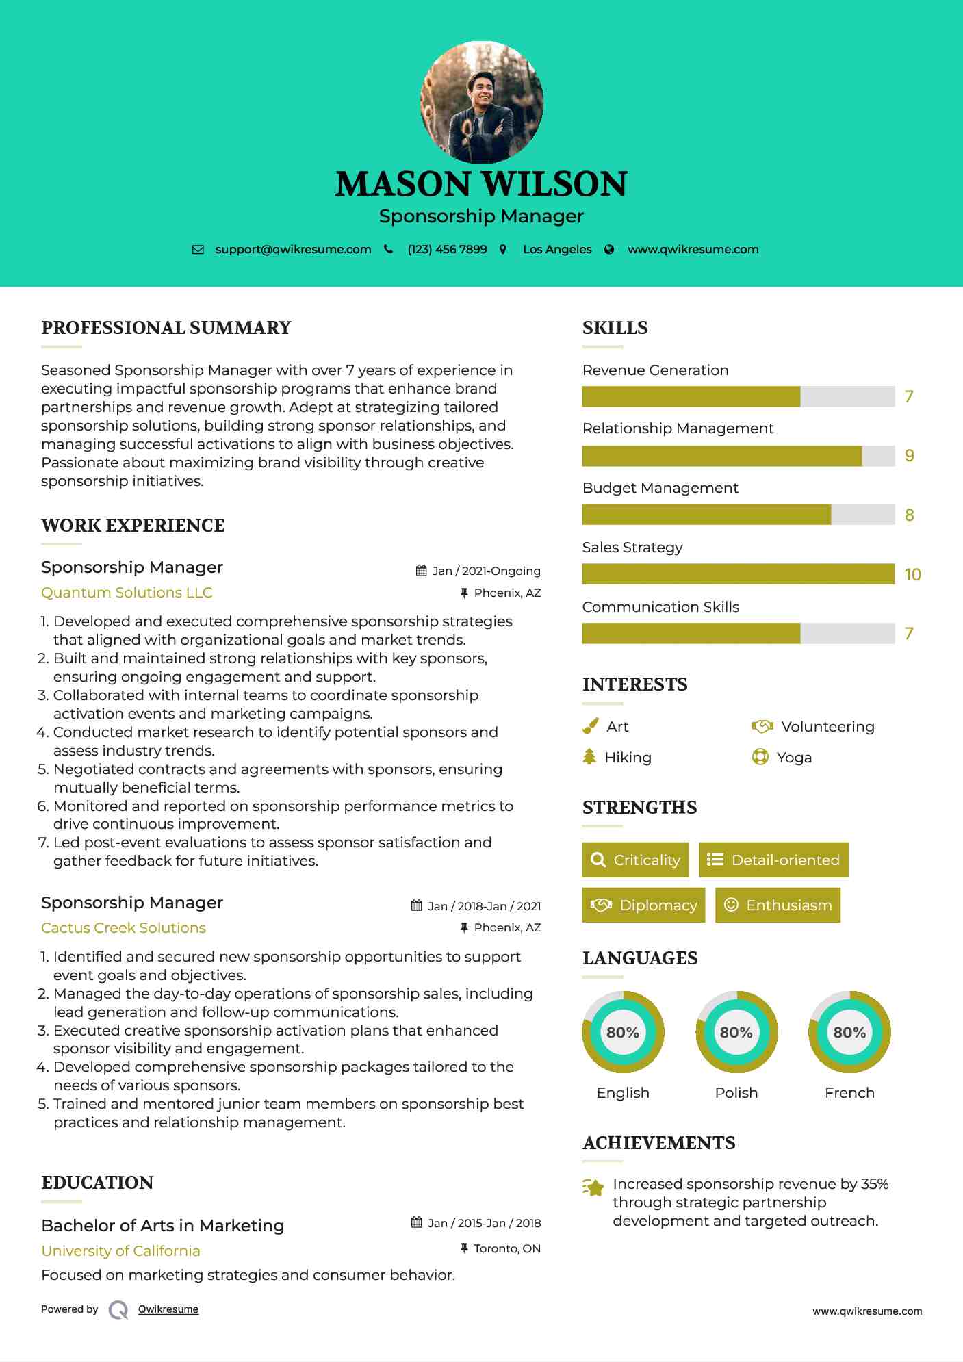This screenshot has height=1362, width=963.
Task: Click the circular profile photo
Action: pyautogui.click(x=481, y=102)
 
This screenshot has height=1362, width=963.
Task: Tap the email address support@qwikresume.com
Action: pyautogui.click(x=293, y=250)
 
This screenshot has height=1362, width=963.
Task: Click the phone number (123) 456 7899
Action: pyautogui.click(x=447, y=250)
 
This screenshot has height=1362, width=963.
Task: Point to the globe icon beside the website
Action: pyautogui.click(x=609, y=250)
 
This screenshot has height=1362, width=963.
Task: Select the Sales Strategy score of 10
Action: pyautogui.click(x=912, y=575)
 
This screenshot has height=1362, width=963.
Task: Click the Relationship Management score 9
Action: pyautogui.click(x=909, y=456)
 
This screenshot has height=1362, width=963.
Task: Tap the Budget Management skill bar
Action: pyautogui.click(x=738, y=515)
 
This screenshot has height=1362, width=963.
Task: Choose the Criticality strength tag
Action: pyautogui.click(x=635, y=860)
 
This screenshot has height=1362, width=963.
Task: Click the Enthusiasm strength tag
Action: pyautogui.click(x=778, y=905)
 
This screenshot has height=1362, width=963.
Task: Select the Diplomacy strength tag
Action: pyautogui.click(x=643, y=905)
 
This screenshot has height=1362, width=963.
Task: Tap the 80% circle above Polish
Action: pyautogui.click(x=736, y=1032)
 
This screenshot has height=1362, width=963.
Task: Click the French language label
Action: pyautogui.click(x=849, y=1093)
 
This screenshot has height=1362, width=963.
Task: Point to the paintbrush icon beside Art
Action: pyautogui.click(x=590, y=726)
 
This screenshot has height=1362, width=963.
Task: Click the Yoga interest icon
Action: pyautogui.click(x=760, y=757)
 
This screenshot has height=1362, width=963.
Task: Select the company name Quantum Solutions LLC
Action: pyautogui.click(x=127, y=593)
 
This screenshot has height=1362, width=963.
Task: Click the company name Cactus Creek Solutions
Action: pyautogui.click(x=123, y=928)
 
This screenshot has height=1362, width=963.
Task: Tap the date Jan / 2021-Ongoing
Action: pyautogui.click(x=486, y=571)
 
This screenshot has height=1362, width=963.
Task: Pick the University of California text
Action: pyautogui.click(x=120, y=1251)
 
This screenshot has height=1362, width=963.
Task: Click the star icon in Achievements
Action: pyautogui.click(x=593, y=1187)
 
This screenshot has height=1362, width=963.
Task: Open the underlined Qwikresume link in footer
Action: pyautogui.click(x=168, y=1309)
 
